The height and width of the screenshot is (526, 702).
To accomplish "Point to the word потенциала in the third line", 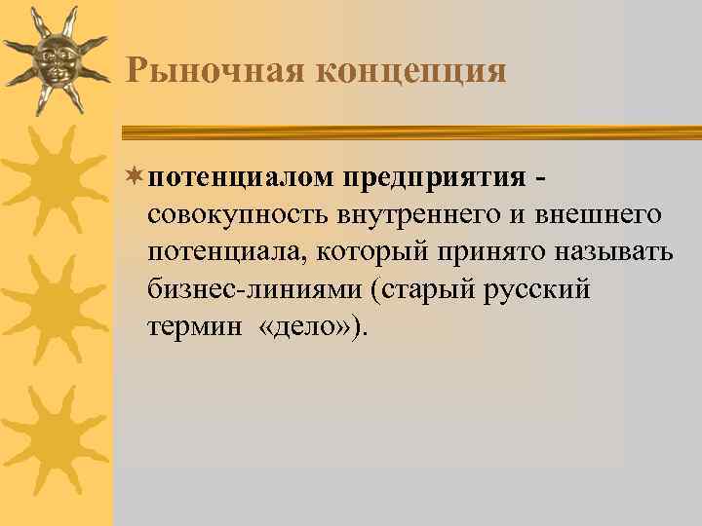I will [224, 252].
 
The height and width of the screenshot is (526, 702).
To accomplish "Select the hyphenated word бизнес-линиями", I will [253, 289].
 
